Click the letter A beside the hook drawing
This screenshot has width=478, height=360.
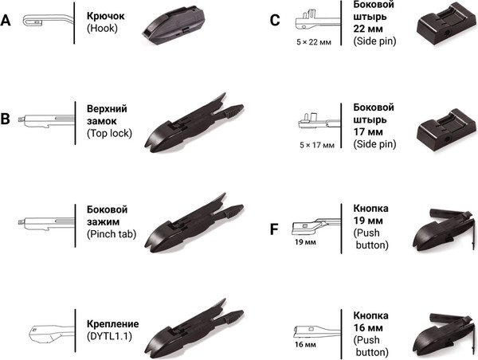6,21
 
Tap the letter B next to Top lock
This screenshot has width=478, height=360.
6,119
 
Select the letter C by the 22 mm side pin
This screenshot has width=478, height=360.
275,21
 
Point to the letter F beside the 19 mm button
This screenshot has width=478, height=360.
274,229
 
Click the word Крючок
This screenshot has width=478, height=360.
105,16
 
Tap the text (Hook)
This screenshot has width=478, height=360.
102,29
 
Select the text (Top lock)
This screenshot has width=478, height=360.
109,133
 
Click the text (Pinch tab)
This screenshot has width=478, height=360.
112,234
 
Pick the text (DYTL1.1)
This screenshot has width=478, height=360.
109,336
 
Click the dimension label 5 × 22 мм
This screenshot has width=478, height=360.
314,42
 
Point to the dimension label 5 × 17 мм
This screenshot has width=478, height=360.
317,145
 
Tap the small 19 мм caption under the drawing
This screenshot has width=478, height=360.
305,243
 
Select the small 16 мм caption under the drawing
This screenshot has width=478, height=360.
305,345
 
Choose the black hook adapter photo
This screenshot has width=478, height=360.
174,25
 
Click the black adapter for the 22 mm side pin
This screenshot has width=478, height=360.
445,23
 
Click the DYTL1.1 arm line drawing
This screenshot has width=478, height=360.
51,334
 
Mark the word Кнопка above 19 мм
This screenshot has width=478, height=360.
370,209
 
